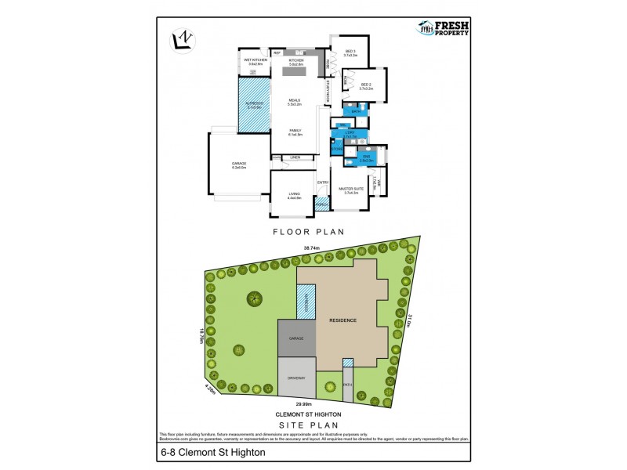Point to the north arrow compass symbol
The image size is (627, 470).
coord(183,39)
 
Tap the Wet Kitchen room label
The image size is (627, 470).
coord(256,62)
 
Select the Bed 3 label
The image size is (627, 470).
coord(350,54)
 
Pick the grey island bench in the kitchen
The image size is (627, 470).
coord(295,72)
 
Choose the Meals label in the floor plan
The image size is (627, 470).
coord(295,101)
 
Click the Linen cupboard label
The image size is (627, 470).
coord(295,157)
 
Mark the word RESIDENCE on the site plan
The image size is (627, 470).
coord(342,320)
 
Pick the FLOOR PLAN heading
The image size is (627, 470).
coord(313,232)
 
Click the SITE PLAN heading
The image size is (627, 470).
coord(313,424)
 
